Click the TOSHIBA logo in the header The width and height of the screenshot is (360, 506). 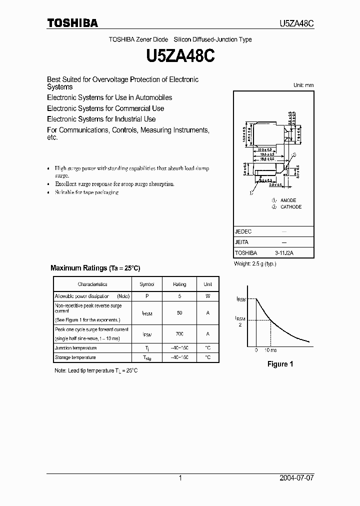(72, 23)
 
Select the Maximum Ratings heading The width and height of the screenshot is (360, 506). (95, 268)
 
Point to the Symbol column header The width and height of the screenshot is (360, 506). (147, 284)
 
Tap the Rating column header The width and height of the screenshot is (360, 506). (179, 284)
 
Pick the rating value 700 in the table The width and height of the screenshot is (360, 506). (179, 333)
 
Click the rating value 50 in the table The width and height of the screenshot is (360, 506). (179, 312)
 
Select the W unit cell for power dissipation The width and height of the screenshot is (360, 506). (207, 296)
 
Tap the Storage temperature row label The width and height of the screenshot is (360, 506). (75, 357)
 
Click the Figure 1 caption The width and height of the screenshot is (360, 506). (280, 364)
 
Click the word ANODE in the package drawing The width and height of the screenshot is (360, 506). (288, 200)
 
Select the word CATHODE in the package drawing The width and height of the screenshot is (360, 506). (291, 206)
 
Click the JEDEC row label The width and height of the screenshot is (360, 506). (243, 232)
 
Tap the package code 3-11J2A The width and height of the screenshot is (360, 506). (284, 253)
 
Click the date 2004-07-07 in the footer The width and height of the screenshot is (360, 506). (296, 478)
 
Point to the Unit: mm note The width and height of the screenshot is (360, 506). (303, 85)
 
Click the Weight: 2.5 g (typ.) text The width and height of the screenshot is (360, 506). (255, 263)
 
